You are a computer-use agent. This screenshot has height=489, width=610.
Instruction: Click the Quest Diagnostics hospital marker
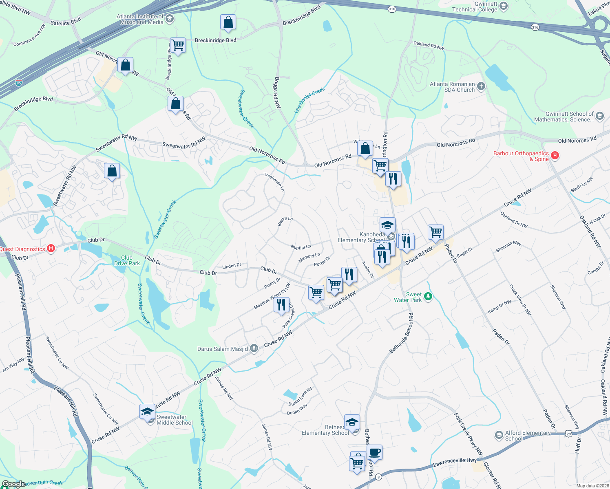pyautogui.click(x=51, y=248)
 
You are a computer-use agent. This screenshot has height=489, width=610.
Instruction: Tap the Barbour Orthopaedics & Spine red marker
pyautogui.click(x=555, y=156)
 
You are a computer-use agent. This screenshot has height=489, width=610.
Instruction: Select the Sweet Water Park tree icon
pyautogui.click(x=428, y=296)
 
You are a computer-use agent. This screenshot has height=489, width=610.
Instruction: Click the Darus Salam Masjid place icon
pyautogui.click(x=254, y=348)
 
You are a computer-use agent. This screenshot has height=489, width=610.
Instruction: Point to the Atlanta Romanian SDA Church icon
pyautogui.click(x=481, y=86)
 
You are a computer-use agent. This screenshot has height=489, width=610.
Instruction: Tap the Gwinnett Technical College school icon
pyautogui.click(x=503, y=6)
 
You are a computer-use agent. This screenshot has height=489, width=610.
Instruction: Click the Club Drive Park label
pyautogui.click(x=127, y=260)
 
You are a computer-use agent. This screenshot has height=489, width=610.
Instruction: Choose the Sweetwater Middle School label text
pyautogui.click(x=175, y=420)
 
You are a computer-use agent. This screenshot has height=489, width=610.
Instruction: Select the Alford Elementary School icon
pyautogui.click(x=498, y=435)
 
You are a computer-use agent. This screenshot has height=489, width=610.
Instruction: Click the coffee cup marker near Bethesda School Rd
pyautogui.click(x=374, y=452)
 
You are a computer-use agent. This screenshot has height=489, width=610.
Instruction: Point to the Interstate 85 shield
pyautogui.click(x=19, y=83)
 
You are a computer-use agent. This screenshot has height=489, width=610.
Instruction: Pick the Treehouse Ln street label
pyautogui.click(x=274, y=182)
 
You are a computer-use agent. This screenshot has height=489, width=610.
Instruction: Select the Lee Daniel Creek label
pyautogui.click(x=309, y=100)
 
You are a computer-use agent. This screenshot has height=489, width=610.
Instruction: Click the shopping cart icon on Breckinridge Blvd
pyautogui.click(x=178, y=45)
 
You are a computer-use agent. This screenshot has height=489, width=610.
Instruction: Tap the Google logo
pyautogui.click(x=13, y=484)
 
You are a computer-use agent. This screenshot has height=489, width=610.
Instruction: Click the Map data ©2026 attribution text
pyautogui.click(x=592, y=486)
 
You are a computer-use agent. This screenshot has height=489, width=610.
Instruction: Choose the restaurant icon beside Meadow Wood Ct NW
pyautogui.click(x=281, y=305)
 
